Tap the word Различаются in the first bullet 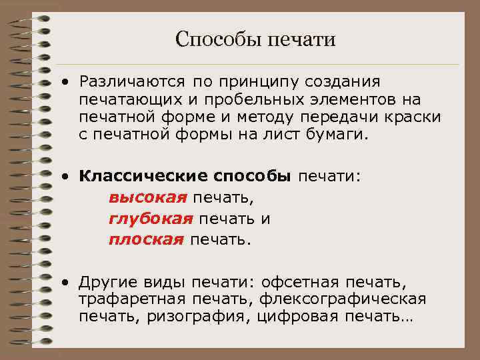pyautogui.click(x=131, y=81)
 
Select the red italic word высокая pyautogui.click(x=147, y=197)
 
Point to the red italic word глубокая pyautogui.click(x=151, y=219)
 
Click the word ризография pyautogui.click(x=209, y=317)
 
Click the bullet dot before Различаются pyautogui.click(x=66, y=83)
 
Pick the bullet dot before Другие pyautogui.click(x=66, y=283)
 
